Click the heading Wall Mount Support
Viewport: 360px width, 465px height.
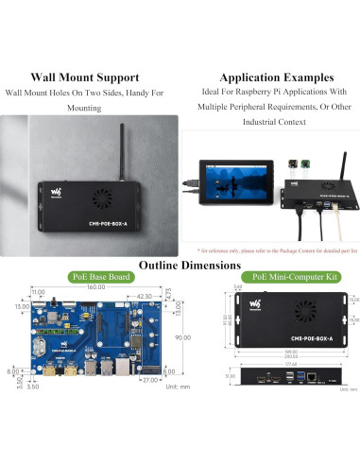[x=86, y=77]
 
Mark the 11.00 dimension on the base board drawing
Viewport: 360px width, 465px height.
[x=39, y=295]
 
